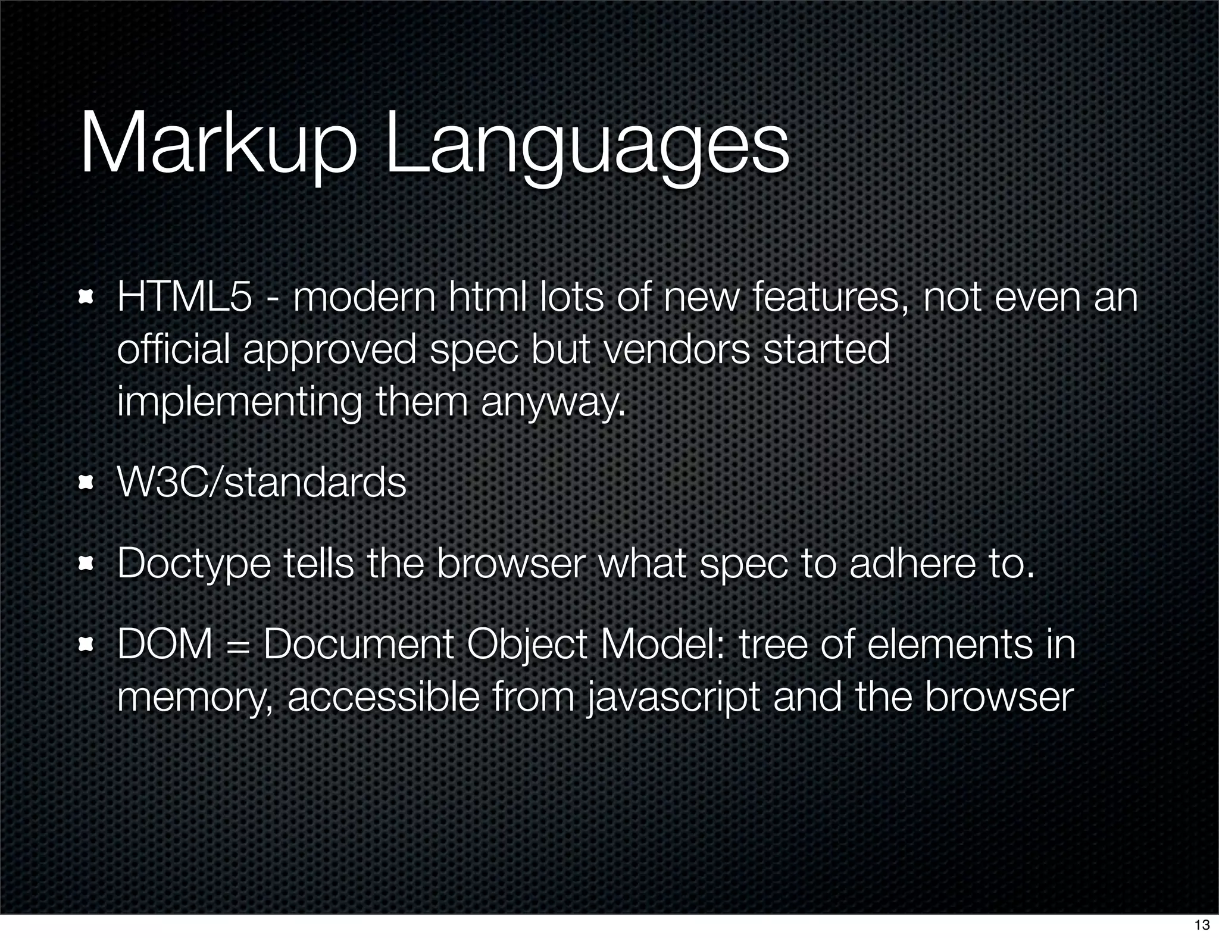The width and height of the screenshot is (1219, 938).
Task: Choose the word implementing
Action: (x=239, y=403)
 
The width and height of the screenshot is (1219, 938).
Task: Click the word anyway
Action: (x=553, y=403)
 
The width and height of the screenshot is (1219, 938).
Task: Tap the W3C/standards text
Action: (x=262, y=482)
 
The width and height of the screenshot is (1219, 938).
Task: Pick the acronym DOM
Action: (x=165, y=644)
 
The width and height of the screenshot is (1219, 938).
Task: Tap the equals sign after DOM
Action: (x=237, y=645)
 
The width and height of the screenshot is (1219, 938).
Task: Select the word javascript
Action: (x=673, y=697)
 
